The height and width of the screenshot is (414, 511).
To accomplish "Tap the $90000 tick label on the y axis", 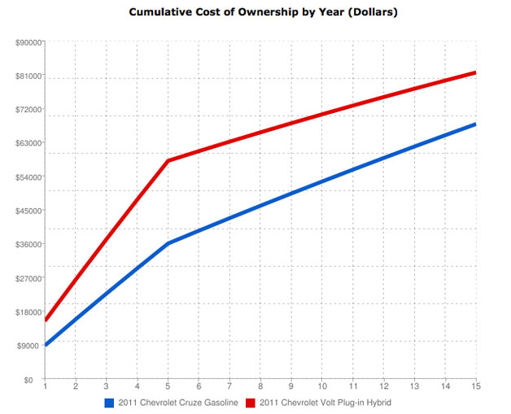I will click(28, 42).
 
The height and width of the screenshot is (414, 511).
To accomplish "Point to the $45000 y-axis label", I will click(28, 211).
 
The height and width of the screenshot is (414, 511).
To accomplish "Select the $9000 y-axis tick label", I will click(30, 346).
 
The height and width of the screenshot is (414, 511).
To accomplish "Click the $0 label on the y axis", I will click(35, 380).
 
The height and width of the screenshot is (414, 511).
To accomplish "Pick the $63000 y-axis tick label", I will click(28, 143).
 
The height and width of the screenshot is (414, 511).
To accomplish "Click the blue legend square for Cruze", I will click(110, 403).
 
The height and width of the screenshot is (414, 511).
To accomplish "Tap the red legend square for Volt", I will click(251, 403).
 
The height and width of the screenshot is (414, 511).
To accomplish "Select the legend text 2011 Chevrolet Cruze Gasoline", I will click(178, 403).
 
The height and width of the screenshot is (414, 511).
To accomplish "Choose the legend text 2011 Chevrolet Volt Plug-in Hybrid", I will click(325, 403).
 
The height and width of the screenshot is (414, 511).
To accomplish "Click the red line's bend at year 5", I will click(168, 161).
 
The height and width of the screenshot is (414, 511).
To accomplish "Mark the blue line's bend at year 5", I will click(168, 243).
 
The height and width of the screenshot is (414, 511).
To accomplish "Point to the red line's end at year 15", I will click(475, 73).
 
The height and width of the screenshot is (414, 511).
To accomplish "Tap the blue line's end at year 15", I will click(475, 124).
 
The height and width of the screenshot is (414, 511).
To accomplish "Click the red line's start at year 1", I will click(46, 320).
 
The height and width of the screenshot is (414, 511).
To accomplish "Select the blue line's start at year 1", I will click(46, 346).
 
